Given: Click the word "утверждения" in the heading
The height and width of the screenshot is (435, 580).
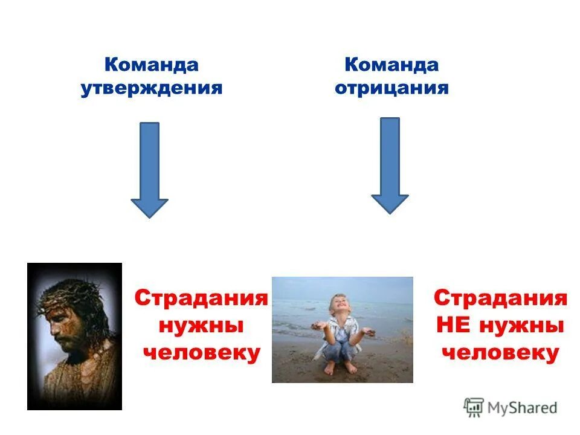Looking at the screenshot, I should click(x=152, y=88).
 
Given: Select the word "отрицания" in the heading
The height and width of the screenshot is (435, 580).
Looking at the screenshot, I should click(x=391, y=88).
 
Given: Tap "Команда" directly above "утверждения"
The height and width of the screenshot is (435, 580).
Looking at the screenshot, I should click(x=152, y=65).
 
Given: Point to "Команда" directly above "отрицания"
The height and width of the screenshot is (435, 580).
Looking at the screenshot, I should click(x=391, y=65).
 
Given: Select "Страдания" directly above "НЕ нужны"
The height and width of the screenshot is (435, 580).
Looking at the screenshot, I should click(x=500, y=298).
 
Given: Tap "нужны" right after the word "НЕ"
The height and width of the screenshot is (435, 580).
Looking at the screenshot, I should click(x=522, y=326).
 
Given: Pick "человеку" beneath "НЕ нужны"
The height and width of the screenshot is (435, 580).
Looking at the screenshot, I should click(x=500, y=353).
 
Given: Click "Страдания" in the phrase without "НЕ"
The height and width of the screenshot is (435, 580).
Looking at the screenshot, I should click(x=201, y=298).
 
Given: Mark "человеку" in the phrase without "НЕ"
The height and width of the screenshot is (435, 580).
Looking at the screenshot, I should click(x=201, y=353).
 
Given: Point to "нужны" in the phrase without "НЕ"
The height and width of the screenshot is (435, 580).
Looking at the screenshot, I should click(x=201, y=326).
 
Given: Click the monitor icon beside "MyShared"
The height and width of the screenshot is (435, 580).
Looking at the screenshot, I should click(x=474, y=407).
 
